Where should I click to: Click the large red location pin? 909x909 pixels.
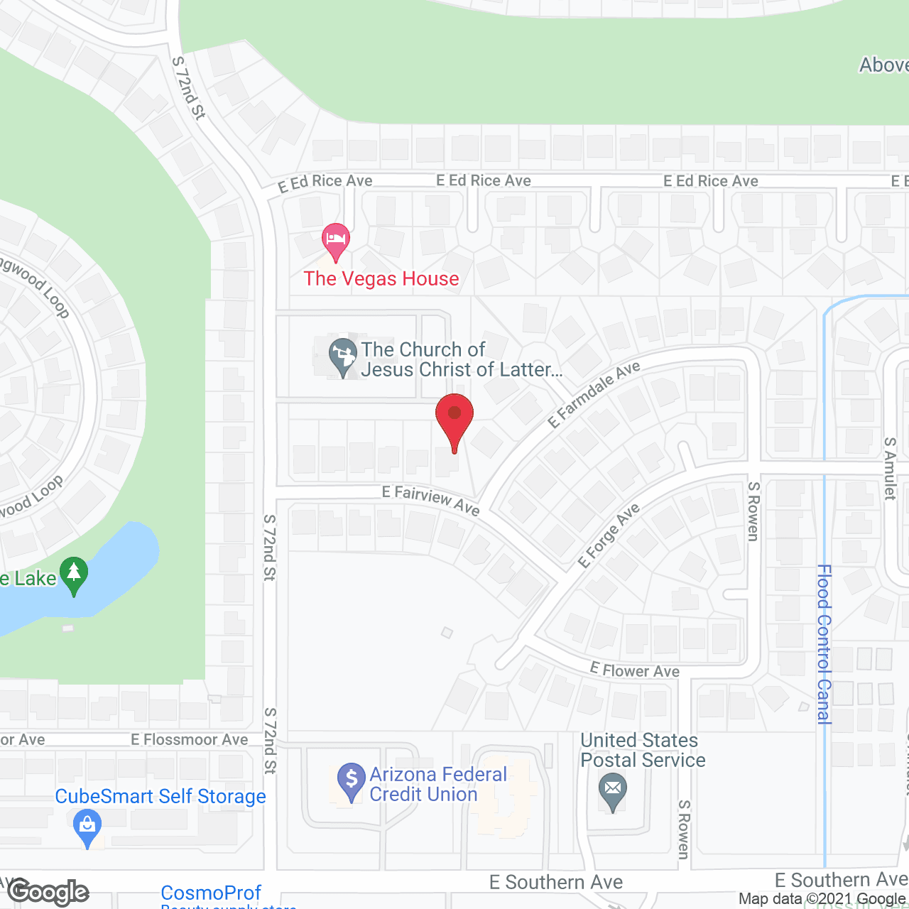click(x=454, y=418)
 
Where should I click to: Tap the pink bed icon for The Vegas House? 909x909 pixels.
click(x=336, y=239)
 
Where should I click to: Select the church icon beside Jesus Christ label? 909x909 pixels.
click(x=343, y=355)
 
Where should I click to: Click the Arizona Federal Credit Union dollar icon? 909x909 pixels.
click(x=351, y=780)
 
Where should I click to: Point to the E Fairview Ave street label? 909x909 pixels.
click(x=430, y=499)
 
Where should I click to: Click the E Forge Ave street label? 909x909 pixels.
click(x=609, y=535)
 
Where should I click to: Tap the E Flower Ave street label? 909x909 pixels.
click(x=635, y=670)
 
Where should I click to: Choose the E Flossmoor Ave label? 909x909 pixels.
click(x=189, y=740)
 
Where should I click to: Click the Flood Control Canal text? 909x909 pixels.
click(x=824, y=643)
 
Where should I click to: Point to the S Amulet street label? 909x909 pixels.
click(x=890, y=469)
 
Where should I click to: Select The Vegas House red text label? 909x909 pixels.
click(x=381, y=278)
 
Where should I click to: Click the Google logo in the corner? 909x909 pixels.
click(x=48, y=892)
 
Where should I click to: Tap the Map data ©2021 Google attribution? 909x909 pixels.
click(x=822, y=899)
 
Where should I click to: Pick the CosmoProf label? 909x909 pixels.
click(x=211, y=893)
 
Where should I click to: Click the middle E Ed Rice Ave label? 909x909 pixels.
click(x=484, y=181)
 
